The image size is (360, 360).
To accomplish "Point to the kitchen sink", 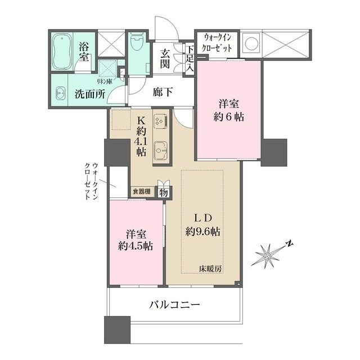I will (160, 150).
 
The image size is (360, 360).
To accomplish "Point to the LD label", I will (202, 218).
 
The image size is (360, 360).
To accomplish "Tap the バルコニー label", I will (174, 305).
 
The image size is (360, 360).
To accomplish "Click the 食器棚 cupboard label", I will (141, 192).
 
